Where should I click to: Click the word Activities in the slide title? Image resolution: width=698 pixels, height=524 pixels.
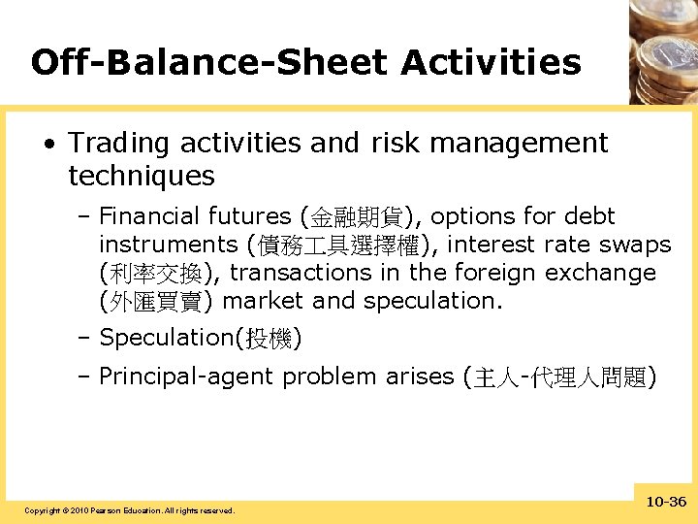point(491,63)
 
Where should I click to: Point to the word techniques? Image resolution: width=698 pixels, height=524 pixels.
point(142,177)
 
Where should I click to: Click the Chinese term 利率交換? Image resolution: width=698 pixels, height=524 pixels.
point(159,274)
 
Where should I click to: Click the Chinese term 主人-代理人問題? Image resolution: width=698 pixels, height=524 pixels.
point(561,377)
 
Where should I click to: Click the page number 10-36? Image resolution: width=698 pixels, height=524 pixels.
point(665,502)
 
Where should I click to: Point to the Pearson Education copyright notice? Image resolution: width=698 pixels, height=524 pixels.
point(129,510)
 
